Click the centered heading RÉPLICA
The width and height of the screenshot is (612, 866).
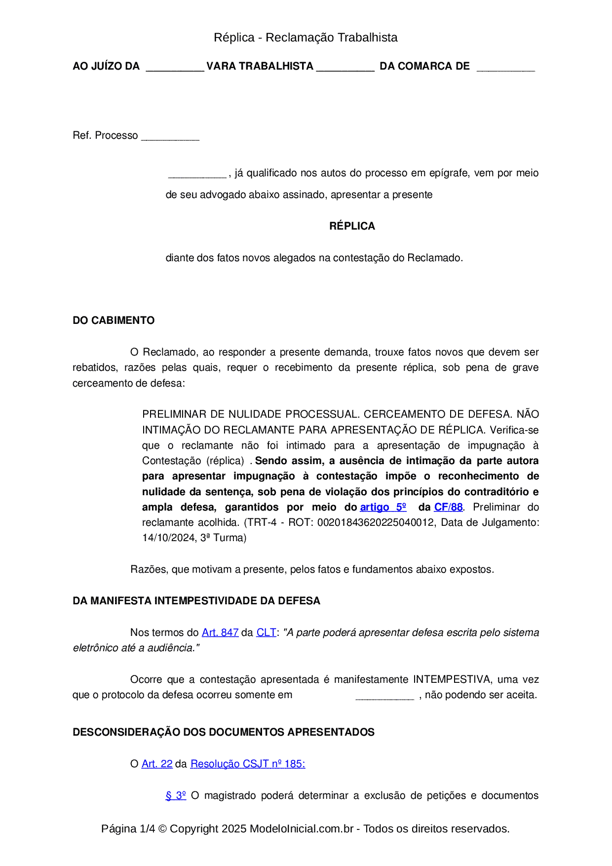(352, 226)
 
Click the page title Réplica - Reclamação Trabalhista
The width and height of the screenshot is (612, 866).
(306, 38)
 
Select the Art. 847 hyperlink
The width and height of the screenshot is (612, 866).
(220, 632)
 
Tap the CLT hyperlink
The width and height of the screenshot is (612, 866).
(266, 632)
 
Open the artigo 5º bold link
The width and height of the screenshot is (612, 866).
(383, 507)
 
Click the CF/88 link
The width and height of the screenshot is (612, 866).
(448, 507)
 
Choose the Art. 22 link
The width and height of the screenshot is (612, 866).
(157, 764)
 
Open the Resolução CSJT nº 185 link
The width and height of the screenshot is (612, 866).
(247, 764)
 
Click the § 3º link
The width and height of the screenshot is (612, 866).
(176, 795)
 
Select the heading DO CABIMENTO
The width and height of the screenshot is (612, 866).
(114, 320)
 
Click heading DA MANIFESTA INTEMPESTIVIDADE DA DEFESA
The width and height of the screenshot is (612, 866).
(196, 601)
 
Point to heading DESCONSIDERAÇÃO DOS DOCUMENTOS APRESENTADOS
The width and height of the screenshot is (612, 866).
(224, 732)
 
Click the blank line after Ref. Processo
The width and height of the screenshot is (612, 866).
(170, 137)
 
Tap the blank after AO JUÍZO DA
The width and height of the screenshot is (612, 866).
(175, 68)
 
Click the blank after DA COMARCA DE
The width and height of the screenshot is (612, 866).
(505, 68)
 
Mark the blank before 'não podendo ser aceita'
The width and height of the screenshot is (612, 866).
(384, 697)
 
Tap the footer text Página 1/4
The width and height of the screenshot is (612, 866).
(128, 828)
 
